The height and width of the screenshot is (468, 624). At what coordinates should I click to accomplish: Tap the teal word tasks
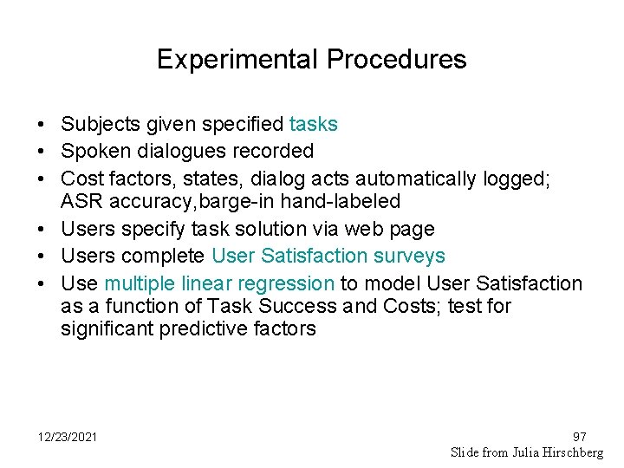[314, 125]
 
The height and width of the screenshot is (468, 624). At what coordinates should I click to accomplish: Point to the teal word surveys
[406, 256]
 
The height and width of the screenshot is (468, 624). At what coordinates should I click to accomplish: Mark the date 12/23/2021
[68, 436]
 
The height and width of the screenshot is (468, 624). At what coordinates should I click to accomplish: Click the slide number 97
[580, 437]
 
